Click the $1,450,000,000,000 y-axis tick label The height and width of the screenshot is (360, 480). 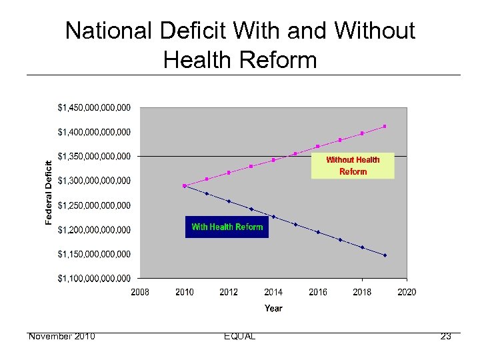94,107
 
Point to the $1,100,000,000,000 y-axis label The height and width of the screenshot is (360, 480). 94,278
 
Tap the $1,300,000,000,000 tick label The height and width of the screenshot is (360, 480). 94,181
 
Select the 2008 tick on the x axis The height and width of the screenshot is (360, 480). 140,292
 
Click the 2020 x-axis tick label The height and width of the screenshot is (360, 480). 407,292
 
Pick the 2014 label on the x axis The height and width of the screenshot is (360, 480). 273,292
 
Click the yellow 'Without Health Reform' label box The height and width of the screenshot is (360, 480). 353,165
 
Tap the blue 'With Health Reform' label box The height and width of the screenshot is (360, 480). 227,227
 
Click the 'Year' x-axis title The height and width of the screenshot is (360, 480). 273,308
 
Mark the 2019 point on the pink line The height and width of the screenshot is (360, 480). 385,126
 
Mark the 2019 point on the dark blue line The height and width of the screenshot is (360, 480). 385,255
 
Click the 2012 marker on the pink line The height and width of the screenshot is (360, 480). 229,173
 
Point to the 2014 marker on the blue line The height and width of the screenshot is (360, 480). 273,217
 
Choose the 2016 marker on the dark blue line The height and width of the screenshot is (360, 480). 318,232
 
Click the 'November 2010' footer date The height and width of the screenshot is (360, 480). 61,336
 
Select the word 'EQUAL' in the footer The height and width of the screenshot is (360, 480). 240,336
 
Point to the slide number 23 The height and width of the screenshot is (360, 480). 445,336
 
